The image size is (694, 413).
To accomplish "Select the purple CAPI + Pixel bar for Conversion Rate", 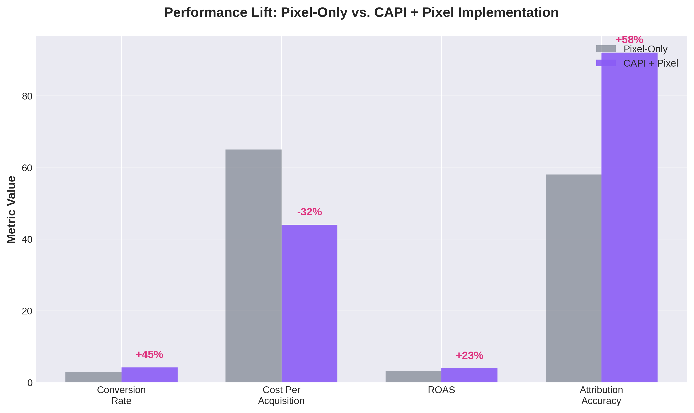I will click(x=150, y=375).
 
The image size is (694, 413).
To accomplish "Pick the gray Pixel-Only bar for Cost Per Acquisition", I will click(x=253, y=266).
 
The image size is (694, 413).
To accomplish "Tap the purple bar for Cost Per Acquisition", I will click(x=309, y=303).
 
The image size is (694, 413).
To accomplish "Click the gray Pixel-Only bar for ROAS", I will click(x=413, y=377).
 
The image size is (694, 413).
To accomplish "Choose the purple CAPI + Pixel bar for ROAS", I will click(x=469, y=375).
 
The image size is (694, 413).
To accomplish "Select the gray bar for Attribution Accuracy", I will click(x=573, y=278).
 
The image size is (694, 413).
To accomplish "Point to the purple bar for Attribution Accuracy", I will click(x=630, y=217).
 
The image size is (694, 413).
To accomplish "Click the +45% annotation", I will click(x=150, y=355).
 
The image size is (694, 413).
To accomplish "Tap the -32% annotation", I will click(x=309, y=212).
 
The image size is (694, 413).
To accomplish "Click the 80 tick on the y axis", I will click(x=27, y=96).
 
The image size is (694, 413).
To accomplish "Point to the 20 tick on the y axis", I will click(x=27, y=311).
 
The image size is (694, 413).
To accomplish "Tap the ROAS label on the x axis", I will click(x=441, y=390).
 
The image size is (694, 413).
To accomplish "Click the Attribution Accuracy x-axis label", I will click(x=601, y=395).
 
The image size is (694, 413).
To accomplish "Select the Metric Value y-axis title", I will click(x=11, y=210).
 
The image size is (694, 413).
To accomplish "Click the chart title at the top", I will click(x=361, y=13).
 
